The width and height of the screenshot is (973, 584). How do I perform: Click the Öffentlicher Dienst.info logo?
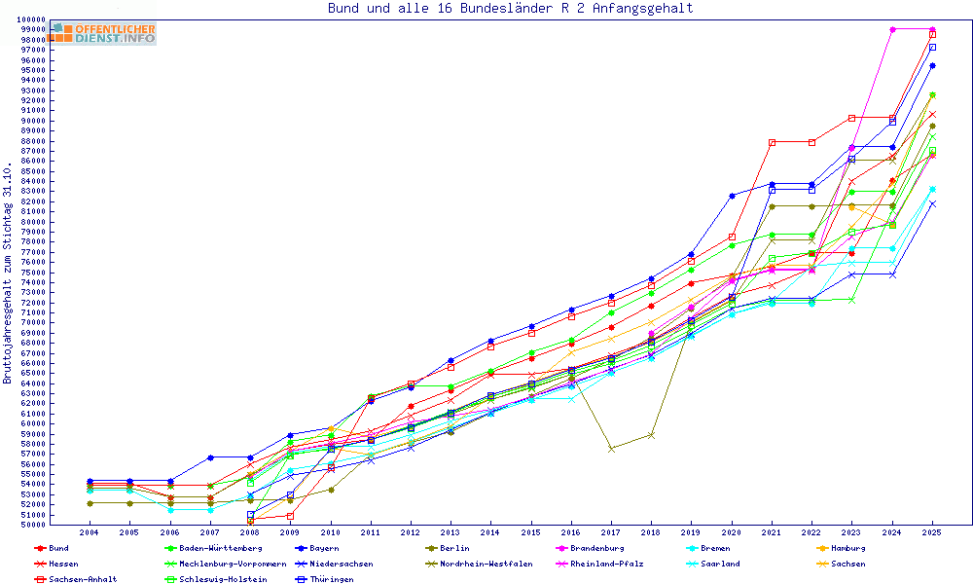point(102,33)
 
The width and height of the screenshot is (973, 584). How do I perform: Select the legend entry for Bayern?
point(325,548)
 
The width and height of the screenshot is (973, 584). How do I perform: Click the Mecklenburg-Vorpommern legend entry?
point(232,564)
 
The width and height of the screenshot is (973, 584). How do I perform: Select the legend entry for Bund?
point(58,548)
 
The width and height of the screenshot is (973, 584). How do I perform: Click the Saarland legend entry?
point(719,564)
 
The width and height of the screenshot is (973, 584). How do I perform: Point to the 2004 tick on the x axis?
point(89,532)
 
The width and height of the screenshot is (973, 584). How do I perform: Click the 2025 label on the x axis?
point(932,532)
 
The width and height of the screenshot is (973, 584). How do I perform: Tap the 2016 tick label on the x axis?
point(571,532)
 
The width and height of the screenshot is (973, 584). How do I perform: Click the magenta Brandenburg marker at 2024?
point(892,30)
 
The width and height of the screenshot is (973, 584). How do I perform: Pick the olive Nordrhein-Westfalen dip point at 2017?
point(611,449)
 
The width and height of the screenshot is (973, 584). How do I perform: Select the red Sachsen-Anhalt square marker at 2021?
point(772,142)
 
